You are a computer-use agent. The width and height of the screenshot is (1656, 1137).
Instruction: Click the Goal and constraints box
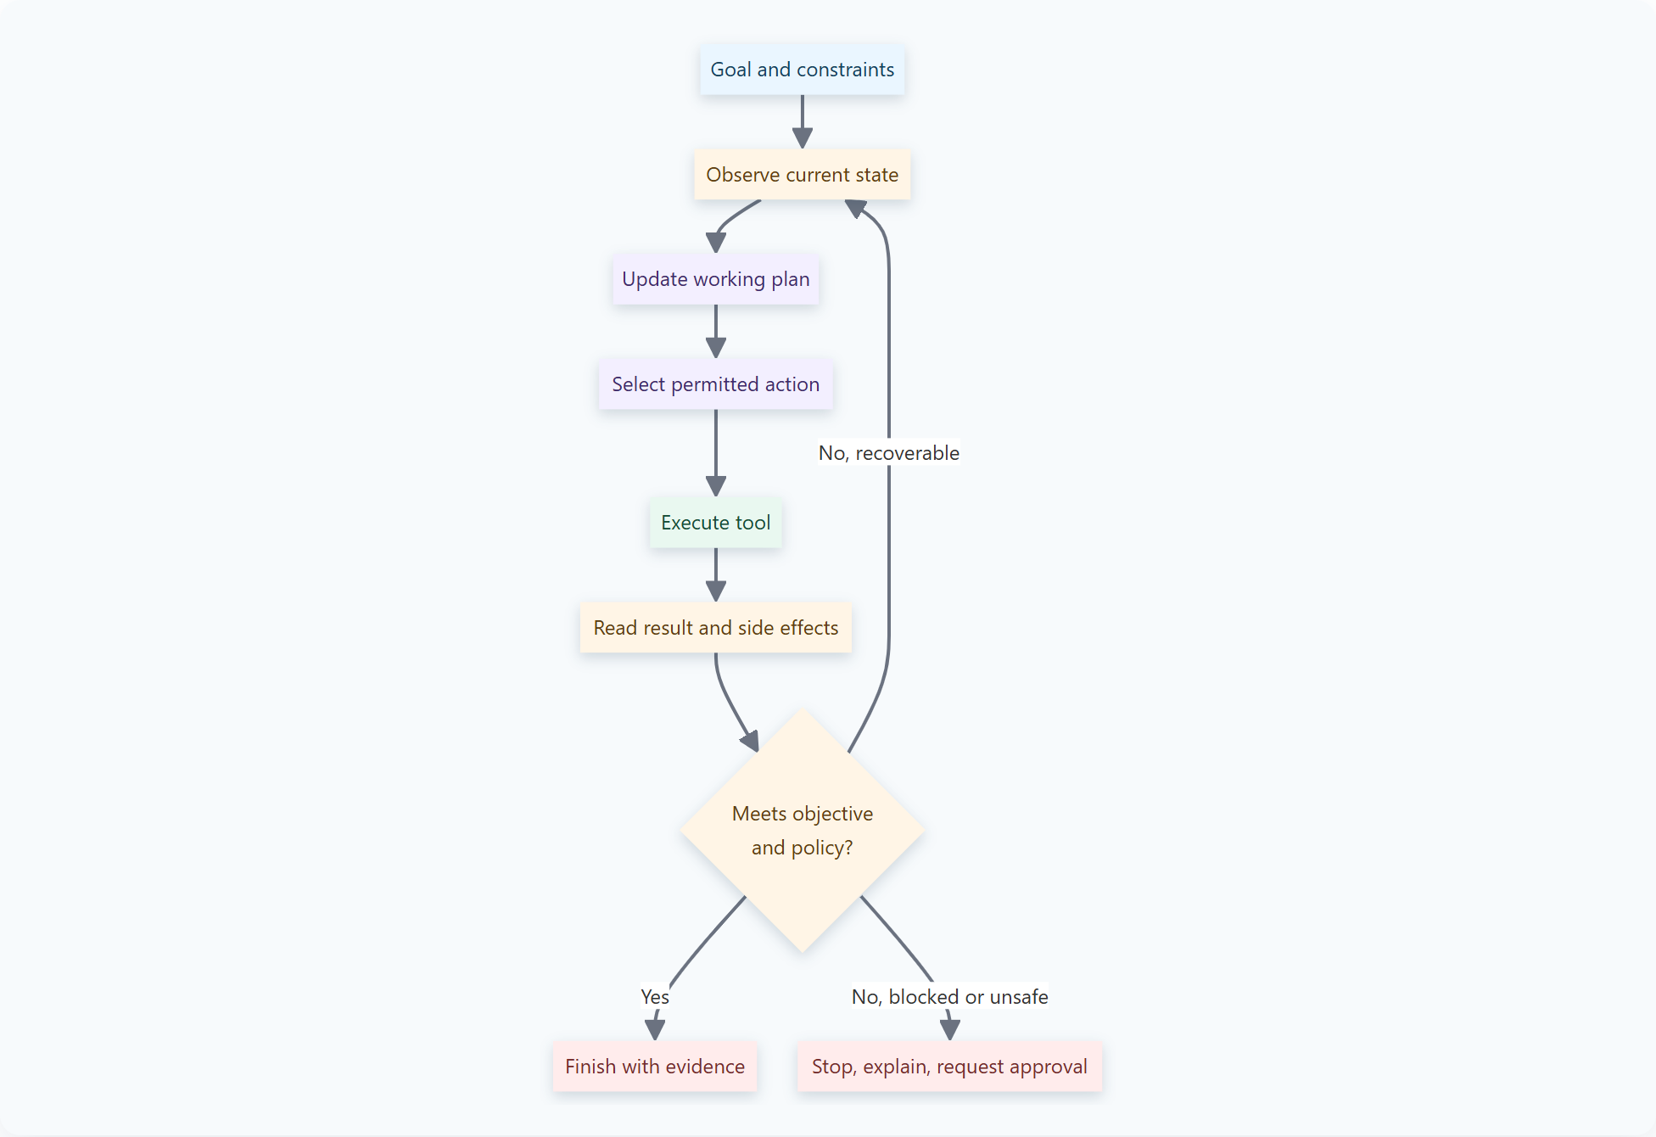pyautogui.click(x=802, y=70)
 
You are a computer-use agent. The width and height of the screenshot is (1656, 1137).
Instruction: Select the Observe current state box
pyautogui.click(x=802, y=175)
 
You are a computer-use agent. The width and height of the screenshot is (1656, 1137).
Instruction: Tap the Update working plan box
pyautogui.click(x=716, y=279)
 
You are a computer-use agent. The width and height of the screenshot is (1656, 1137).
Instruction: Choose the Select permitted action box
pyautogui.click(x=716, y=384)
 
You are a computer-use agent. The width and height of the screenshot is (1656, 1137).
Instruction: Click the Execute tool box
pyautogui.click(x=716, y=523)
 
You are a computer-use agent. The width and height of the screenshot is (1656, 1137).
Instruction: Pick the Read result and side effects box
pyautogui.click(x=716, y=628)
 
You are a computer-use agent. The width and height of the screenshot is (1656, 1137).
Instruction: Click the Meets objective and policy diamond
pyautogui.click(x=803, y=831)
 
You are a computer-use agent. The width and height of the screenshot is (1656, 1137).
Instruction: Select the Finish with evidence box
pyautogui.click(x=655, y=1067)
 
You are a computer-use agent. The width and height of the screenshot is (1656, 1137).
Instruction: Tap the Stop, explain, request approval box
pyautogui.click(x=949, y=1067)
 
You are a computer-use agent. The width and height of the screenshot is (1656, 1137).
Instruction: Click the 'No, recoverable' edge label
pyautogui.click(x=889, y=453)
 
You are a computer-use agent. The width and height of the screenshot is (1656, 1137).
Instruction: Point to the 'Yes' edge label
pyautogui.click(x=655, y=997)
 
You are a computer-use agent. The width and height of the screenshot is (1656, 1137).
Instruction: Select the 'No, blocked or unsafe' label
pyautogui.click(x=950, y=997)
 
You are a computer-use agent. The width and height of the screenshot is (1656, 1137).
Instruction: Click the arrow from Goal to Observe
pyautogui.click(x=803, y=121)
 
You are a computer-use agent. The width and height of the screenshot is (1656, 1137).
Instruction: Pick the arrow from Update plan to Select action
pyautogui.click(x=716, y=331)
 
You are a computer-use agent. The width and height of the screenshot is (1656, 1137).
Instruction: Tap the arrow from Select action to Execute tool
pyautogui.click(x=716, y=453)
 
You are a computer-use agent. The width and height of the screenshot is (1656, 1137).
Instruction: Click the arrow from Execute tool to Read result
pyautogui.click(x=716, y=574)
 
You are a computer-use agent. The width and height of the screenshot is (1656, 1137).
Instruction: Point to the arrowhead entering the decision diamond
pyautogui.click(x=751, y=742)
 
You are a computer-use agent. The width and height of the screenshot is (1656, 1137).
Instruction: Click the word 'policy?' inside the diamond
pyautogui.click(x=822, y=848)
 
